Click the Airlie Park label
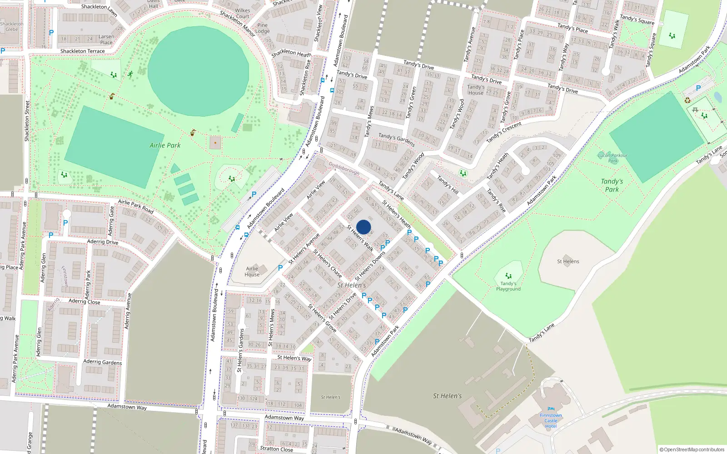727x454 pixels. tap(165, 145)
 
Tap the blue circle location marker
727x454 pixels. tap(363, 227)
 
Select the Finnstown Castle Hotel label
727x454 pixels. tap(551, 421)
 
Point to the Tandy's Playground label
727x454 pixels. tap(508, 286)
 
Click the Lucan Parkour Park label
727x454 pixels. tap(612, 158)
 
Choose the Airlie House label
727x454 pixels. tap(252, 271)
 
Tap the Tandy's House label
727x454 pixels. tap(476, 90)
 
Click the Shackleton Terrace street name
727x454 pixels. tap(82, 51)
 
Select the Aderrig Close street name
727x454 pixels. tap(85, 301)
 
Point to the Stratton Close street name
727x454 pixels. tap(276, 449)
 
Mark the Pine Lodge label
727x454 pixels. tap(262, 28)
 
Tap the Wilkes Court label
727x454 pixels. tap(243, 13)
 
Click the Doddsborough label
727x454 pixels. tap(344, 168)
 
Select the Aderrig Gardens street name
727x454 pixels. tap(103, 362)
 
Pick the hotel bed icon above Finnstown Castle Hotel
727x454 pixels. tap(551, 409)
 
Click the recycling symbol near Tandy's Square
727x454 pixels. tap(687, 100)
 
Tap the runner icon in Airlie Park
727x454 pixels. tap(131, 74)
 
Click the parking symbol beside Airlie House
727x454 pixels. tap(280, 268)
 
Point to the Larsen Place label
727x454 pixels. tap(106, 39)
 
